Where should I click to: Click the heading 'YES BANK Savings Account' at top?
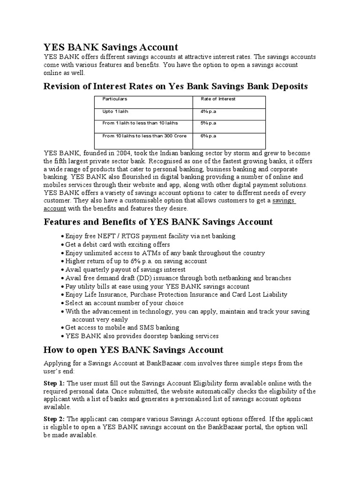[111, 47]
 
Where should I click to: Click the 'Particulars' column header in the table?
[115, 99]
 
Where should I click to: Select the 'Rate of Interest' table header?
[218, 99]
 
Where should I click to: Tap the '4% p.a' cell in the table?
[208, 112]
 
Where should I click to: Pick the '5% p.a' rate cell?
[208, 123]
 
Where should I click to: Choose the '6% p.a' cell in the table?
[208, 136]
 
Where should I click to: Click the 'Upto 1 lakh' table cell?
[115, 112]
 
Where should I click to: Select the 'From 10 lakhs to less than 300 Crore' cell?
[144, 136]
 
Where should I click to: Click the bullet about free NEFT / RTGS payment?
[150, 236]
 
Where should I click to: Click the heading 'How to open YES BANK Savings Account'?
[133, 350]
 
